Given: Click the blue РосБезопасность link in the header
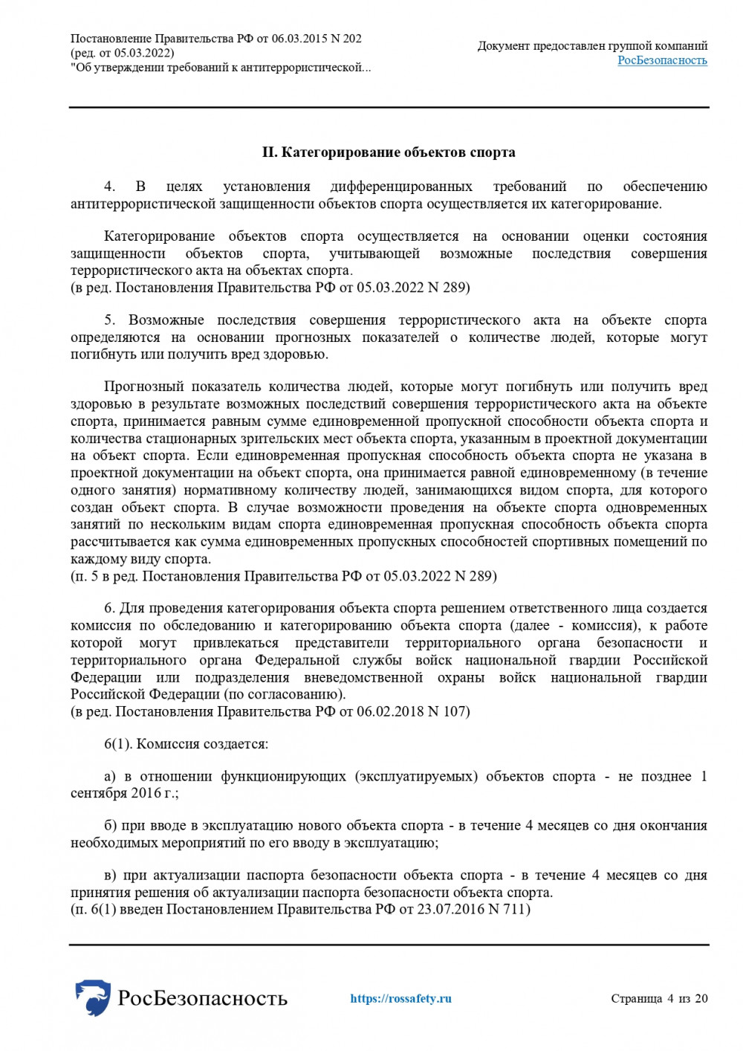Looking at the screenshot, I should point(662,60).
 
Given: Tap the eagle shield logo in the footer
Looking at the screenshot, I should point(93,997).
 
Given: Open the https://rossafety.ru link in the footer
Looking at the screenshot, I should point(400,998).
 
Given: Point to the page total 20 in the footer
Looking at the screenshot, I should point(701,998).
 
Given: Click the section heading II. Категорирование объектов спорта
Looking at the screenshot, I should point(389,152).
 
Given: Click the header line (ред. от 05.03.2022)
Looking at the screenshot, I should point(123,53).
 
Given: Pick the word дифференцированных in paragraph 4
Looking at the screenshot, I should point(401,187).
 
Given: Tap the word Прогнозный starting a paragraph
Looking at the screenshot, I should point(145,387).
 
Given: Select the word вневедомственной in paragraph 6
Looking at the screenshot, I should point(363,678).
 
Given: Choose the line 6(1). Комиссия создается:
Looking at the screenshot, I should point(186,744).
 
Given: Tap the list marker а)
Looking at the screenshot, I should point(110,777).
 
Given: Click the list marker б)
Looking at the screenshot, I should point(110,826).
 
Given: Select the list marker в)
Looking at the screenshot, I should point(110,876).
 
